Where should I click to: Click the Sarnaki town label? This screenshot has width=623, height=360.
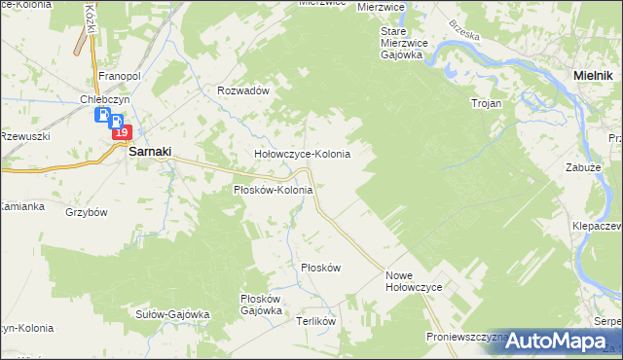tap(150, 152)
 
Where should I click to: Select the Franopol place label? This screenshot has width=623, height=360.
tap(121, 75)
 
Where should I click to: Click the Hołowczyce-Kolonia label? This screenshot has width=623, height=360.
tap(302, 154)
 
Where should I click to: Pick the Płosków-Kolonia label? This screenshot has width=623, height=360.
tap(273, 190)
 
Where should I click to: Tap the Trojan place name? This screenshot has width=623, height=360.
tap(486, 102)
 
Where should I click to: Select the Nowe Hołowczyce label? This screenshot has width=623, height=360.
tap(414, 281)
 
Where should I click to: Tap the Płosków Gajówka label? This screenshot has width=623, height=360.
tap(261, 305)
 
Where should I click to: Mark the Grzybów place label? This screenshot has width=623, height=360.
tap(86, 211)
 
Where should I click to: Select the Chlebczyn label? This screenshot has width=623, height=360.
tap(107, 98)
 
